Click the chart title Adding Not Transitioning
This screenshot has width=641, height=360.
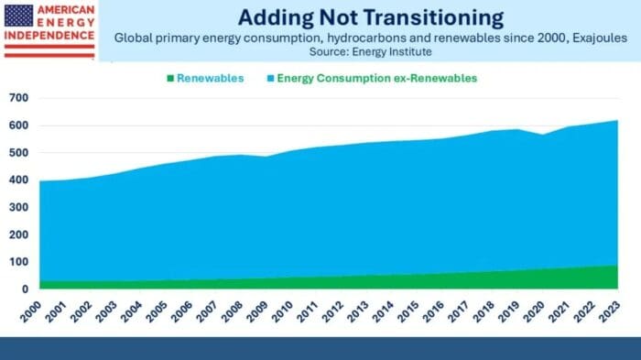click(370, 17)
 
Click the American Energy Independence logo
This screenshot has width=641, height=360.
click(49, 30)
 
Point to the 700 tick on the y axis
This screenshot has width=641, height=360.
click(18, 98)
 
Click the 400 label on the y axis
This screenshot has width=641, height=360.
click(18, 180)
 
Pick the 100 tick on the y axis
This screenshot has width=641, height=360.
click(18, 262)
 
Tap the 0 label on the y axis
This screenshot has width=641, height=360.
click(24, 289)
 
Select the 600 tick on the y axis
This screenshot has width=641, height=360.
click(18, 125)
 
